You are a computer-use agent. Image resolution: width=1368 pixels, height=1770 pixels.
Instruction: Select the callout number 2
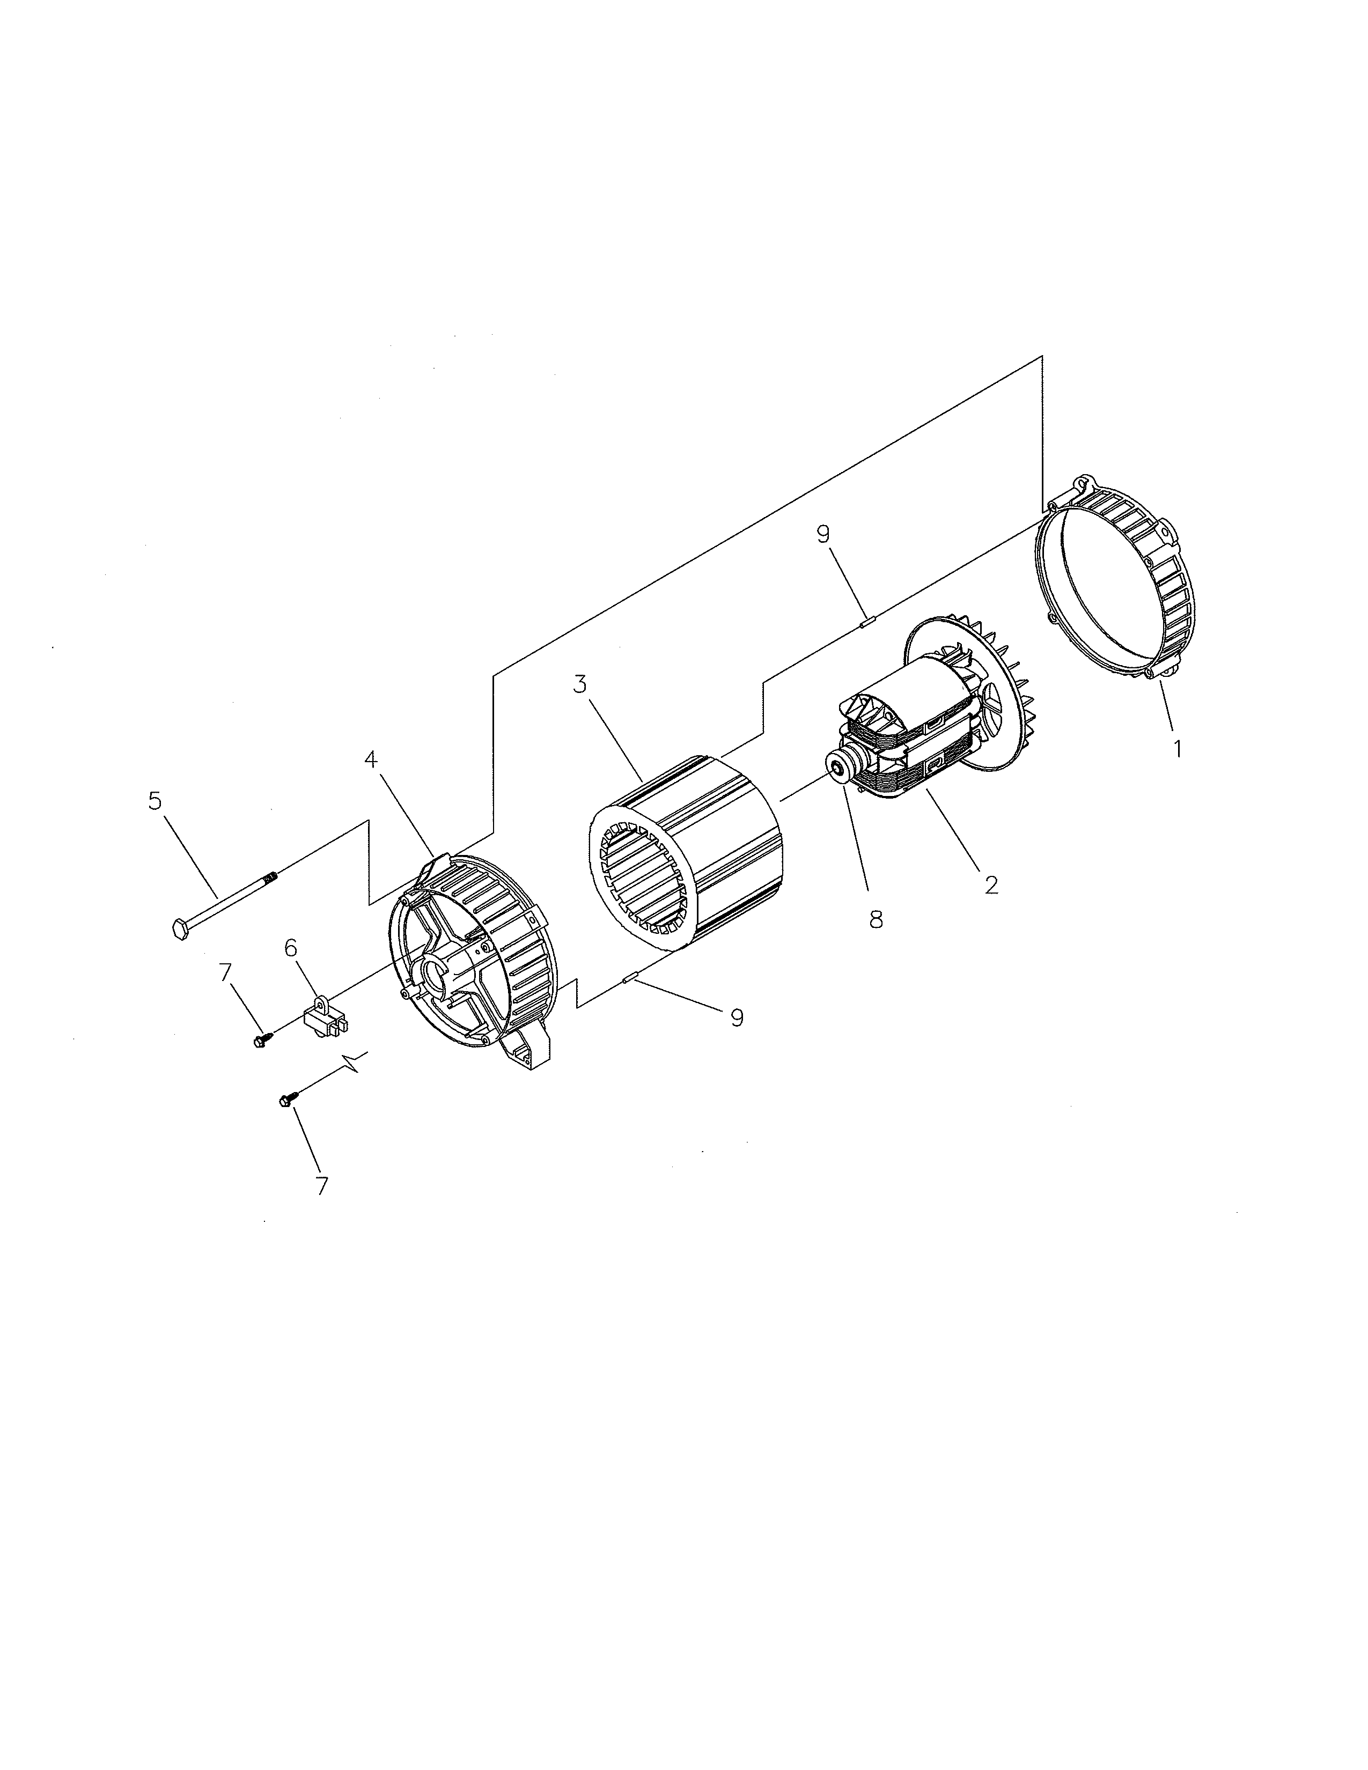click(990, 884)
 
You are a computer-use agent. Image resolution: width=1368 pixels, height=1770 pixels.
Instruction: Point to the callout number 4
click(370, 759)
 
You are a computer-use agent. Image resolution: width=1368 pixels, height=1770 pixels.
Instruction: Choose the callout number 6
click(290, 947)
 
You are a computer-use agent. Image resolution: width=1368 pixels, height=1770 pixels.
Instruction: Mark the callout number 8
click(876, 920)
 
